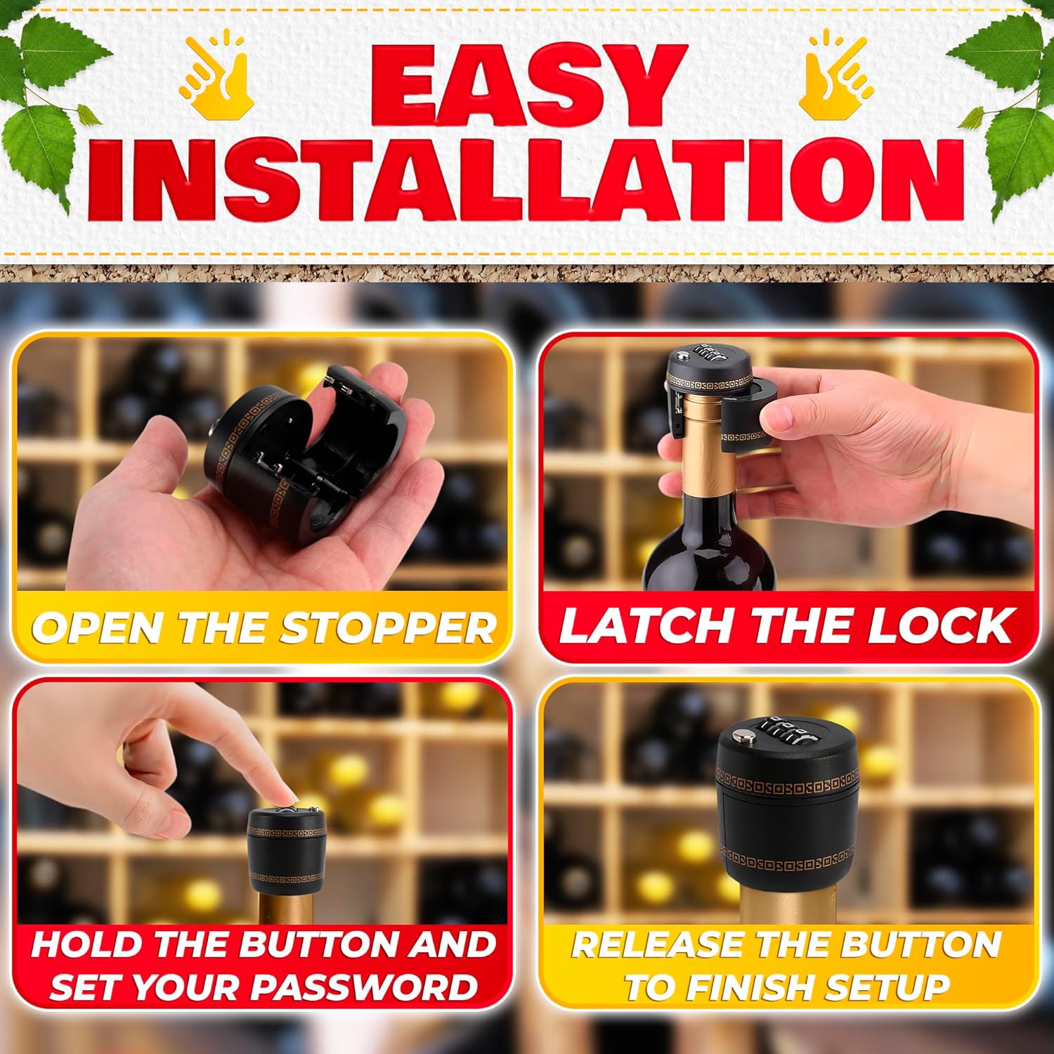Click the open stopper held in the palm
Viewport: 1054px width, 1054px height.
point(281,450)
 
